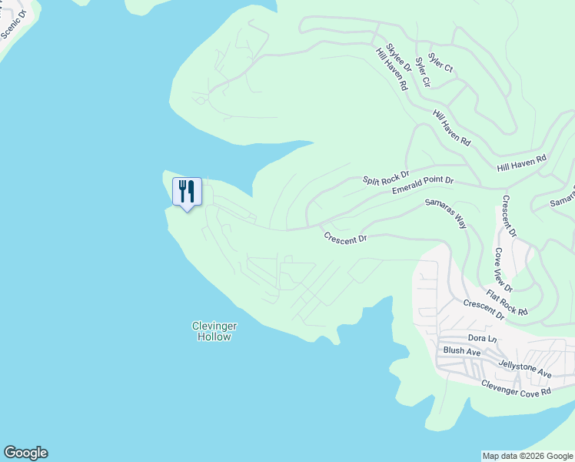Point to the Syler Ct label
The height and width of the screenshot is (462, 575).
(440, 62)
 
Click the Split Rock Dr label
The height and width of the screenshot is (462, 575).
(386, 178)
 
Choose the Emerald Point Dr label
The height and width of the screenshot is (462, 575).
(423, 186)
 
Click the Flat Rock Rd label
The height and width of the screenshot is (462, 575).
(507, 303)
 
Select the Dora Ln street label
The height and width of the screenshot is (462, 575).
(483, 339)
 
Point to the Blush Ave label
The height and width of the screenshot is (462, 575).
(462, 351)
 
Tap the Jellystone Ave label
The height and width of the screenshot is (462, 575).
(525, 369)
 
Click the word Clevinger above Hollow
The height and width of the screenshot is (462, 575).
(212, 326)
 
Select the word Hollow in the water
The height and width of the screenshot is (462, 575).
(213, 336)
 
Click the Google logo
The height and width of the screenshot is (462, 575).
(25, 453)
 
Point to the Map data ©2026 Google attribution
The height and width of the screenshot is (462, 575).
(527, 456)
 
